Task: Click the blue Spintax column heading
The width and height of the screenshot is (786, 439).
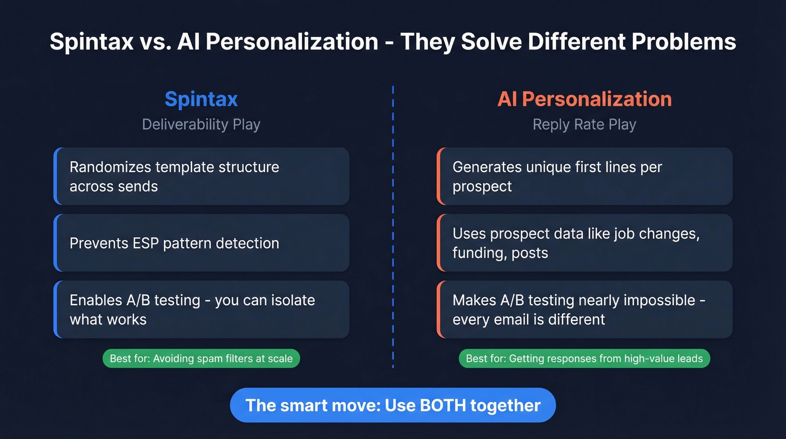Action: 201,99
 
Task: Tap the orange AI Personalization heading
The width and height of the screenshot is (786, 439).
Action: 584,99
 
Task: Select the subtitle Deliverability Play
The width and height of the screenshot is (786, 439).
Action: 201,124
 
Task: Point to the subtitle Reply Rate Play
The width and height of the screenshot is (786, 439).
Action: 584,124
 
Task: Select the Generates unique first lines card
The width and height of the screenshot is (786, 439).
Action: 584,176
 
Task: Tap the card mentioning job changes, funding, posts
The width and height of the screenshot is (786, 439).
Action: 584,243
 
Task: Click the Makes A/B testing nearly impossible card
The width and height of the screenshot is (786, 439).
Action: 584,310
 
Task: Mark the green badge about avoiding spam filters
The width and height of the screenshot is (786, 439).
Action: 201,358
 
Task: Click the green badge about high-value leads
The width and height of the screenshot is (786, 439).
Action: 584,358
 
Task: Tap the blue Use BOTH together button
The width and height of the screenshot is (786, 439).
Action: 393,405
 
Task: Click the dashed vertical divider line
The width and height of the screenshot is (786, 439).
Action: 393,225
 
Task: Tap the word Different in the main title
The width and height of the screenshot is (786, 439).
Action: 574,42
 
